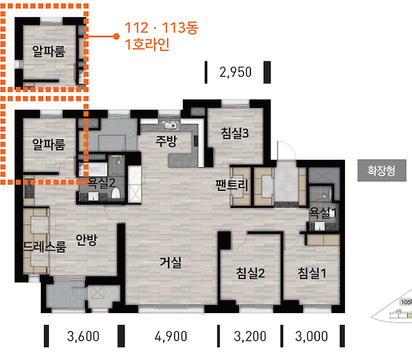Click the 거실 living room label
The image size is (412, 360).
[x=171, y=262]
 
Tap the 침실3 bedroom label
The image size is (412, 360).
[x=235, y=133]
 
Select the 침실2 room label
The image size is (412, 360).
[x=250, y=273]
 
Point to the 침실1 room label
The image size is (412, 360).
[x=312, y=273]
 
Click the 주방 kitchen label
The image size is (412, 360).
[x=167, y=141]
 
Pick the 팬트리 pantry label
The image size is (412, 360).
[x=232, y=185]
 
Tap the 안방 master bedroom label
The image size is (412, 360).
[x=86, y=240]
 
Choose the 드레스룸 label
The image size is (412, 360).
[x=44, y=247]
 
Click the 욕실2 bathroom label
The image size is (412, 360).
[x=101, y=183]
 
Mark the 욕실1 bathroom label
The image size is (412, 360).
[x=322, y=213]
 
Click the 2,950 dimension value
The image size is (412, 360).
[x=235, y=72]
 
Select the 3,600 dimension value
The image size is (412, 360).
[x=83, y=336]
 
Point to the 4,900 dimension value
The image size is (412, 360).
[x=171, y=336]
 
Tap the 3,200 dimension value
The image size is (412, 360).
[x=250, y=336]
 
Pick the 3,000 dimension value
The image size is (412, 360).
[x=311, y=336]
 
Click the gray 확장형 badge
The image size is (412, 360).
[x=382, y=170]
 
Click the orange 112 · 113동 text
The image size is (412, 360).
[x=162, y=28]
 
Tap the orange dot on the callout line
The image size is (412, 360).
[x=116, y=36]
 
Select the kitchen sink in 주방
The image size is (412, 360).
[x=170, y=126]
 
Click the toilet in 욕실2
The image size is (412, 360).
[x=116, y=193]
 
